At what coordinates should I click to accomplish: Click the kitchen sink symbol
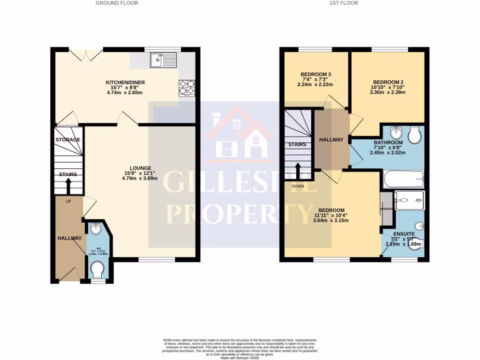(x=163, y=60)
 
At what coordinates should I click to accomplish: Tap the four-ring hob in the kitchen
(x=186, y=88)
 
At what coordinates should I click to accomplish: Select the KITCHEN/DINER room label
(x=125, y=83)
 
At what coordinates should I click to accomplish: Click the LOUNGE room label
(x=141, y=168)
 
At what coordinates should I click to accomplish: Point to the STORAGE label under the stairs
(x=68, y=140)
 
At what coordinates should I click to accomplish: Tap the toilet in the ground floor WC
(x=97, y=270)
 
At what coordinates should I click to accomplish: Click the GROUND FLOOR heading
(x=117, y=3)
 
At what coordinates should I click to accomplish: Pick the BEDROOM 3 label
(x=315, y=74)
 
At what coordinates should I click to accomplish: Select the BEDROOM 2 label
(x=388, y=82)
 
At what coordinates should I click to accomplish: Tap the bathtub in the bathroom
(x=404, y=179)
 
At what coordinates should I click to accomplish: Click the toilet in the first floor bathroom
(x=414, y=135)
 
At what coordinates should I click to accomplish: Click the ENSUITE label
(x=404, y=233)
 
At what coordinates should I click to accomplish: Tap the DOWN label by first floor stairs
(x=298, y=186)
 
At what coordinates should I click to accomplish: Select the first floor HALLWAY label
(x=331, y=140)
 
